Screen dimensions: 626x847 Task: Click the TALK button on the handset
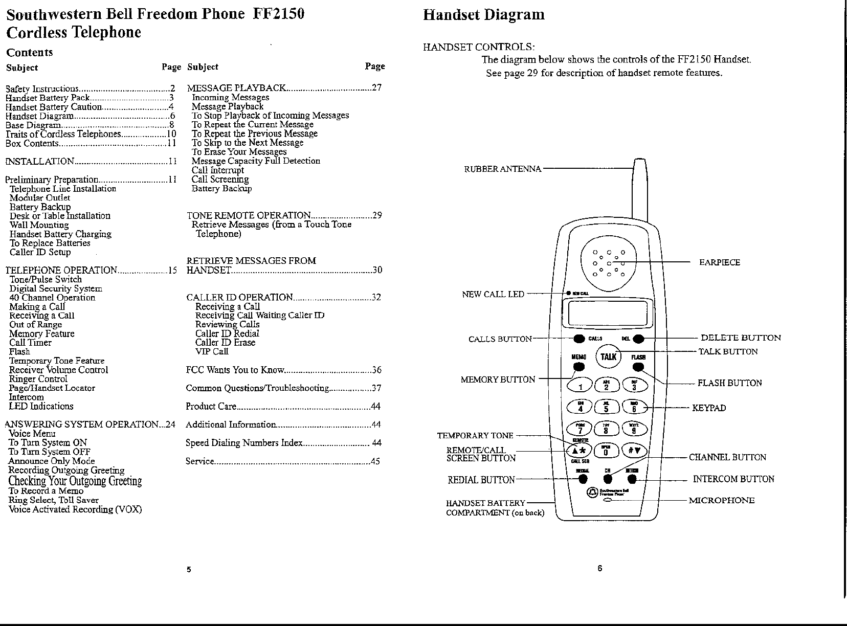click(x=608, y=356)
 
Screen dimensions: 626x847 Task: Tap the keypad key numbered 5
click(x=607, y=408)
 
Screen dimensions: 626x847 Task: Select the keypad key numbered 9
click(x=634, y=430)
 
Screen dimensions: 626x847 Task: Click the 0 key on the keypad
click(x=607, y=451)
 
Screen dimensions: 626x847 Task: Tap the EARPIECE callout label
click(x=719, y=262)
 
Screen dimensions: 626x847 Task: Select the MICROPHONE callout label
click(x=721, y=500)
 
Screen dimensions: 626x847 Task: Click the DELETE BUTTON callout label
click(x=741, y=338)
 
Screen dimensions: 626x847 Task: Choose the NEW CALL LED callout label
click(x=493, y=294)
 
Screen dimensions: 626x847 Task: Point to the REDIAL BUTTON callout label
click(x=481, y=480)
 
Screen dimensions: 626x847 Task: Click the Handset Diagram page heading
click(x=483, y=15)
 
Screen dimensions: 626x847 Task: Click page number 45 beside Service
click(x=375, y=461)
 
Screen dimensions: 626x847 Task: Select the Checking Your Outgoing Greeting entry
click(x=75, y=481)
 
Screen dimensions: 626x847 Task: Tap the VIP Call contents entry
click(x=212, y=351)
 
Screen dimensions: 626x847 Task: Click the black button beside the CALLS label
click(x=579, y=339)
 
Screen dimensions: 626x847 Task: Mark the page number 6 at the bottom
click(x=599, y=568)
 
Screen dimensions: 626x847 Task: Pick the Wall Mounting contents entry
click(x=39, y=225)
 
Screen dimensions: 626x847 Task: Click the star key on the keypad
click(x=579, y=451)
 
